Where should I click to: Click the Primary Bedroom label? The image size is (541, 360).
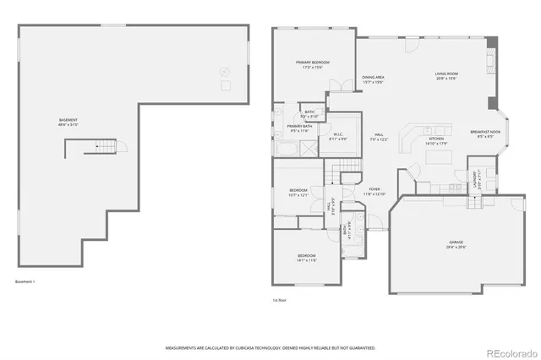point(312,65)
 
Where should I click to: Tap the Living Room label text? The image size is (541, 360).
point(446,76)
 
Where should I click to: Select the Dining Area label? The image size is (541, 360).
point(374,79)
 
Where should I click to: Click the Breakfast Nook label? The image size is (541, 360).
point(484,133)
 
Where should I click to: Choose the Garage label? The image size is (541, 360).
point(456,244)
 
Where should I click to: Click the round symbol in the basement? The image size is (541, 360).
point(224,71)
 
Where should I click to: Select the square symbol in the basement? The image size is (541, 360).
point(226,85)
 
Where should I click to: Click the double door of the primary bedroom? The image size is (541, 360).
point(340,85)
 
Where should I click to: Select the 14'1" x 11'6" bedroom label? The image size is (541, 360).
point(306,257)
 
